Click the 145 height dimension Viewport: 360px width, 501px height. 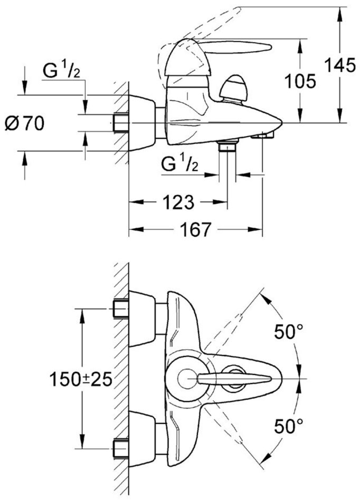pos(340,65)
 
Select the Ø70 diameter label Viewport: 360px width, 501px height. pos(24,123)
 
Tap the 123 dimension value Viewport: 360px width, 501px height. pos(178,202)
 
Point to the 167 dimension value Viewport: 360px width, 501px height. pos(196,229)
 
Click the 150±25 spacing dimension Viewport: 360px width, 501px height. pos(81,380)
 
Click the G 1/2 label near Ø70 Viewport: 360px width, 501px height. pos(61,71)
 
